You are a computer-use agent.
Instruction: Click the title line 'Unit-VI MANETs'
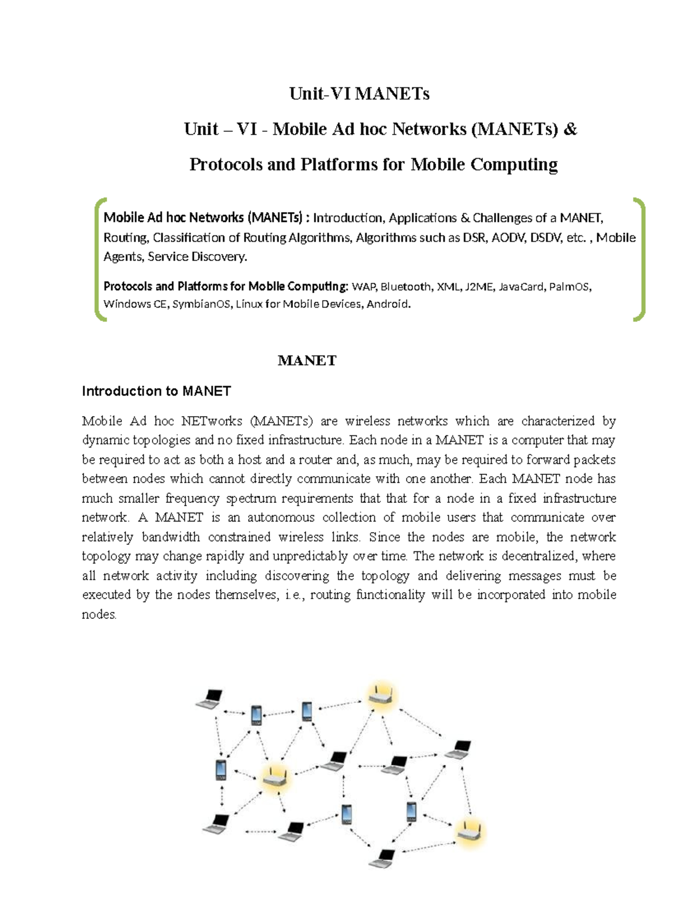[359, 94]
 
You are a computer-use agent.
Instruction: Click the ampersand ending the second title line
[570, 129]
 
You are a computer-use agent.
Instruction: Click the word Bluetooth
[406, 287]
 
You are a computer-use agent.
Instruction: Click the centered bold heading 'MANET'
[307, 361]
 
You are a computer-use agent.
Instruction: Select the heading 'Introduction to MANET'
[156, 391]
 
